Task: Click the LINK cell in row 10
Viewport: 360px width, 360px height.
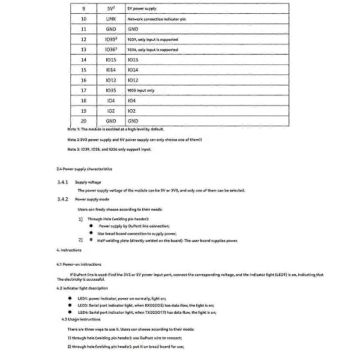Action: [x=110, y=19]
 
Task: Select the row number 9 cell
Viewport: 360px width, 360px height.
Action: [x=82, y=8]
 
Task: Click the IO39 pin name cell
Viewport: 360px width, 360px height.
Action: [x=110, y=39]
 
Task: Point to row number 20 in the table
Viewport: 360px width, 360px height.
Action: [x=82, y=121]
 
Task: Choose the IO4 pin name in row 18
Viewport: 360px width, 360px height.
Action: [x=110, y=100]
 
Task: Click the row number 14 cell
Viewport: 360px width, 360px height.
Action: [x=82, y=59]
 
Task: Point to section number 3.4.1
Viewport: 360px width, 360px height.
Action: [x=62, y=181]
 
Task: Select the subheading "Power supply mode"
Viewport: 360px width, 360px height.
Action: [x=92, y=198]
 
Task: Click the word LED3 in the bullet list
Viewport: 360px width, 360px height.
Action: [x=83, y=305]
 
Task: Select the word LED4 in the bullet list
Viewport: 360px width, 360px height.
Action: [x=83, y=312]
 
